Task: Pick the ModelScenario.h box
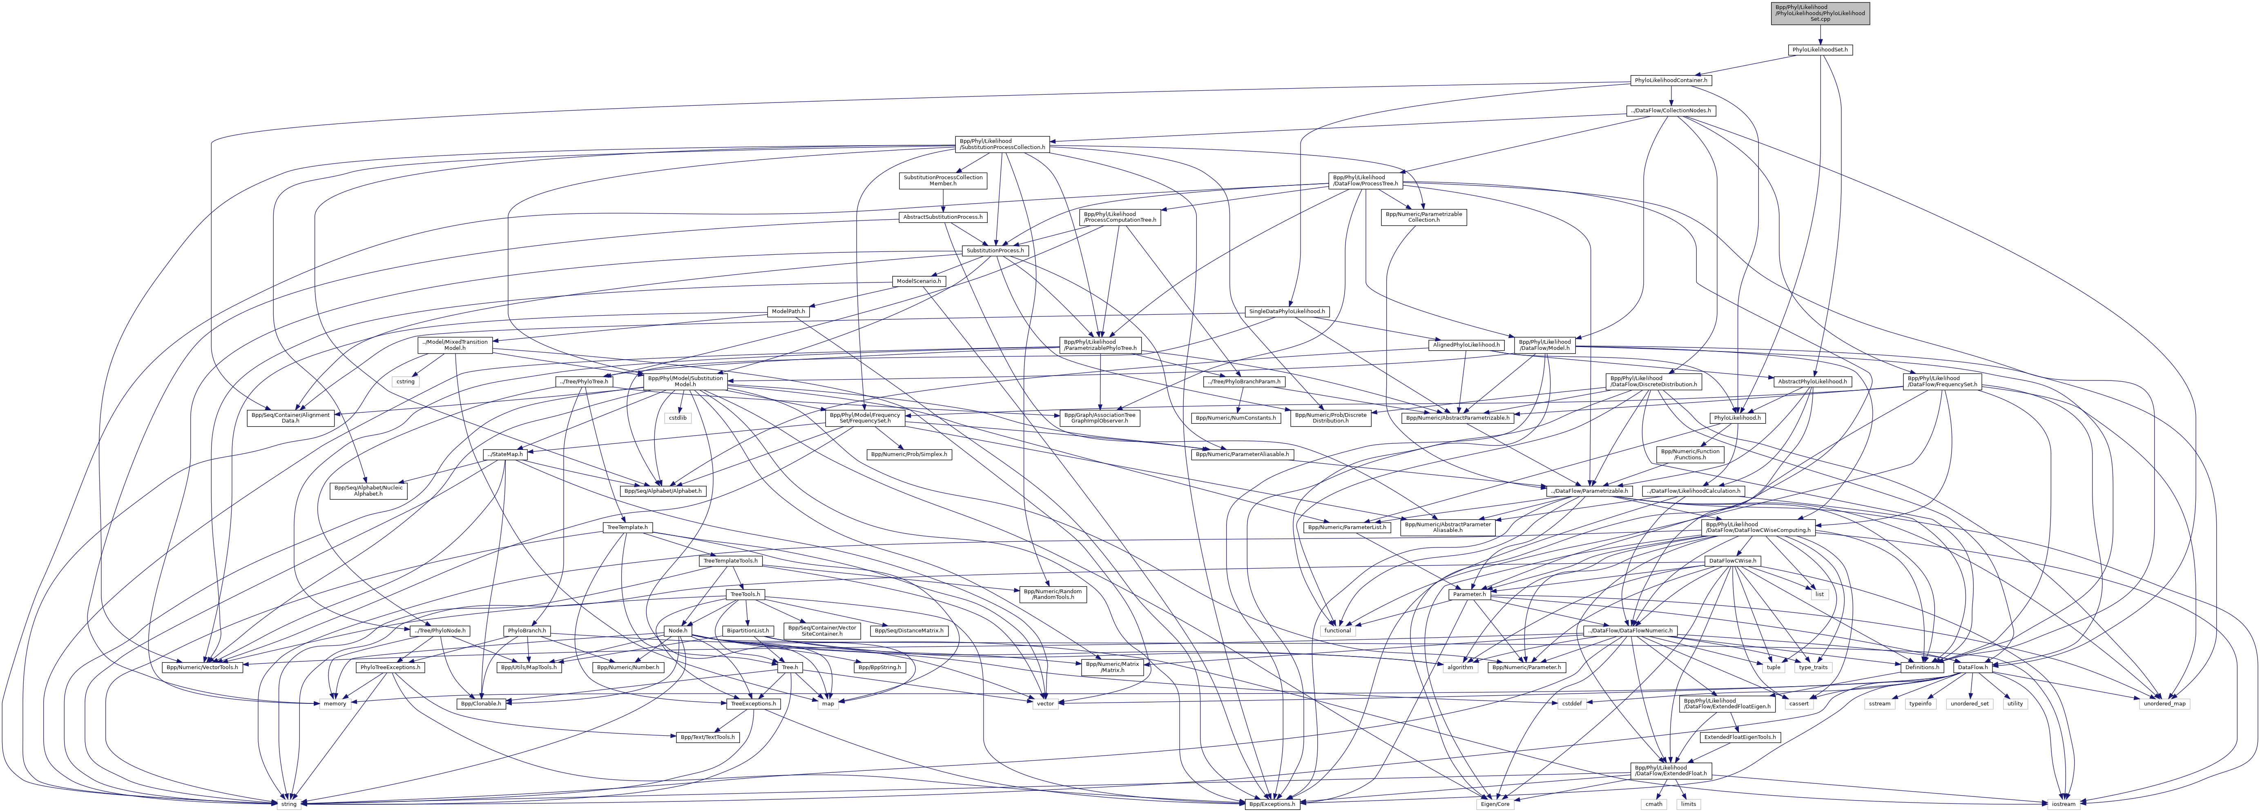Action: coord(919,280)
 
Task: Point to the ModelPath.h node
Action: coord(788,311)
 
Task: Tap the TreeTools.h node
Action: coord(746,594)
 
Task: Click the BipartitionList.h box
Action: coord(747,630)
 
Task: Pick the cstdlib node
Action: coord(678,417)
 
